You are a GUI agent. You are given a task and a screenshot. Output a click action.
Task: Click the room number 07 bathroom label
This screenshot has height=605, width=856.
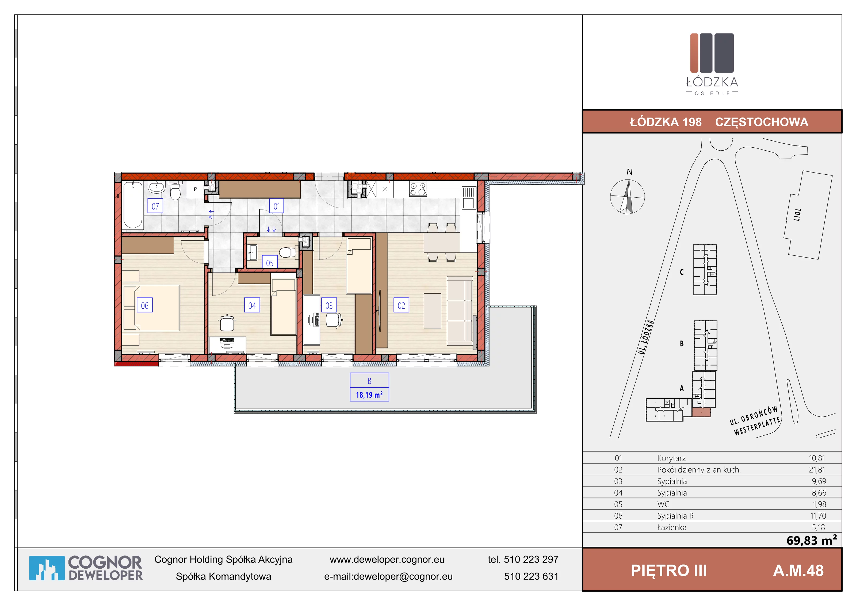pos(155,206)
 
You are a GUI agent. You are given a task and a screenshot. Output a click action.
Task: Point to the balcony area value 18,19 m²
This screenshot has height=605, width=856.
pos(369,395)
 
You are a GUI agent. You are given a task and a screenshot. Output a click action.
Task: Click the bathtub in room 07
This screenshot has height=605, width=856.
pos(133,205)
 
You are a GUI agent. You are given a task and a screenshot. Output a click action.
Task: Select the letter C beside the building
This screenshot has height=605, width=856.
pos(682,272)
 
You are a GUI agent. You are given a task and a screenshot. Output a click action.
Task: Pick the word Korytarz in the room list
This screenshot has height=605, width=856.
pos(671,458)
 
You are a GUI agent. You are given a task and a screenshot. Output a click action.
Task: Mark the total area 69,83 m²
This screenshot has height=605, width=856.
pos(812,540)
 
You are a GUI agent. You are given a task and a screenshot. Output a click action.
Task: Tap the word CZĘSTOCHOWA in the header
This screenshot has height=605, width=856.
pos(762,122)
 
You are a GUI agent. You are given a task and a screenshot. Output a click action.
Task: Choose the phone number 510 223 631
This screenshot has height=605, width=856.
pos(531,576)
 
